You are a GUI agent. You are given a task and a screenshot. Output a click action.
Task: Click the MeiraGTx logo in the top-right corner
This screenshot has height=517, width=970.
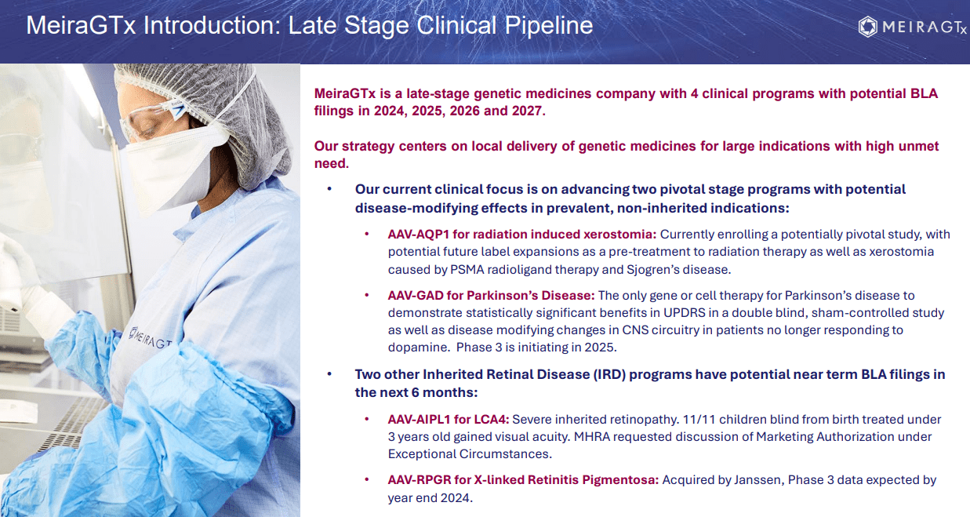click(x=912, y=27)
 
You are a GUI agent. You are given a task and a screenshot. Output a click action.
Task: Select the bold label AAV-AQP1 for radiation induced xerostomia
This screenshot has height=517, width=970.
click(x=522, y=234)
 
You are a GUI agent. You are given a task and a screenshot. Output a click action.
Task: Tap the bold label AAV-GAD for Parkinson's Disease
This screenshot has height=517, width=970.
click(x=491, y=295)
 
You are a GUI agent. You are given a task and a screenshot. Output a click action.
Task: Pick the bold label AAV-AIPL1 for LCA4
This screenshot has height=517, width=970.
click(x=448, y=419)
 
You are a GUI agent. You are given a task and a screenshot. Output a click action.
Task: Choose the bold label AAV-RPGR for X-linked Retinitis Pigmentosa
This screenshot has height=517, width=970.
click(x=523, y=479)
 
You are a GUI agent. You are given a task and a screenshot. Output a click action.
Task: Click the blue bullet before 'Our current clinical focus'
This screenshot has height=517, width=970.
click(x=329, y=189)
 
